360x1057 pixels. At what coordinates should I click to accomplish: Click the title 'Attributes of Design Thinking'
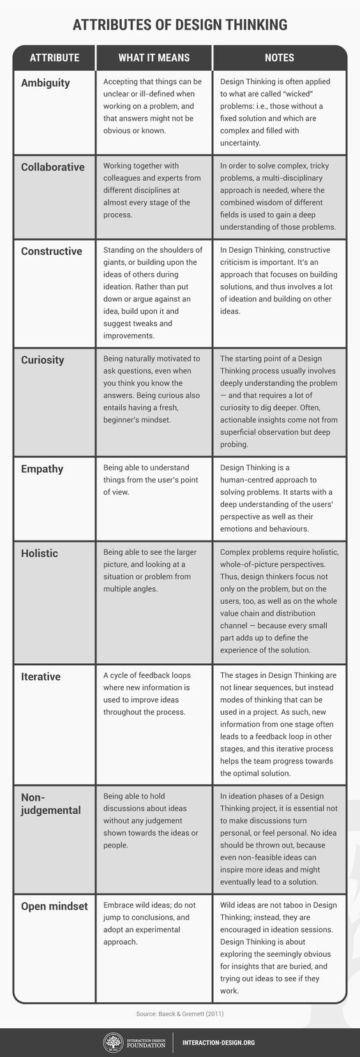click(180, 25)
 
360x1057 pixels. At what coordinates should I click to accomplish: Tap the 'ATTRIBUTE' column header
click(54, 57)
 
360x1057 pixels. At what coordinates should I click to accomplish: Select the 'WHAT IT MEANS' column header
click(154, 57)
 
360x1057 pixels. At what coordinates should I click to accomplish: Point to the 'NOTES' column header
click(279, 57)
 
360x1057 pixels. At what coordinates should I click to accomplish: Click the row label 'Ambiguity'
click(45, 83)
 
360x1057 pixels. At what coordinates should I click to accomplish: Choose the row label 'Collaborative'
click(52, 167)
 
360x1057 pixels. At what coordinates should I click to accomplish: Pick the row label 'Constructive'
click(51, 251)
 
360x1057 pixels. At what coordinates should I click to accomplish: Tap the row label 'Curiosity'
click(42, 360)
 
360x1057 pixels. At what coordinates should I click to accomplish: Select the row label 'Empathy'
click(42, 469)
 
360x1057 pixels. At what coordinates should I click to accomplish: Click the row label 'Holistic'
click(40, 553)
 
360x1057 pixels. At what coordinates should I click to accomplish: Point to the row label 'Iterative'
click(41, 677)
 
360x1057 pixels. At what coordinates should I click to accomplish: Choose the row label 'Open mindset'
click(54, 906)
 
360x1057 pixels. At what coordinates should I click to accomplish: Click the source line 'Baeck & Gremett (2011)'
click(180, 1014)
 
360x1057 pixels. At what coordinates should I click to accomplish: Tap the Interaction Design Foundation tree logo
click(113, 1042)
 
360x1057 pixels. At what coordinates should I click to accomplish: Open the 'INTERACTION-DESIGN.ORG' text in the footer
click(218, 1042)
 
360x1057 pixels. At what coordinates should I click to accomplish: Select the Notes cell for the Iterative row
click(279, 724)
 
